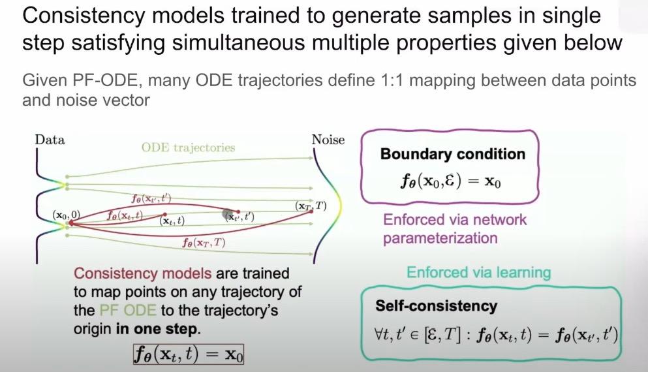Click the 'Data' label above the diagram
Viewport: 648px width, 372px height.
tap(50, 140)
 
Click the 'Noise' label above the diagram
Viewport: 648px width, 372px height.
tap(328, 140)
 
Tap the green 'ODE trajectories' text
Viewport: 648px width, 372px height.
tap(188, 147)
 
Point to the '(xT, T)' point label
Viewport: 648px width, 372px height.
tap(311, 206)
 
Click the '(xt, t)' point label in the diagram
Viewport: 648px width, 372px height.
tap(172, 221)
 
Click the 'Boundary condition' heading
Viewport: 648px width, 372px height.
tap(452, 155)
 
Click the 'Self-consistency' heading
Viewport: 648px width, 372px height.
tap(436, 305)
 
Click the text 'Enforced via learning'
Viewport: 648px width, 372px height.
tap(478, 272)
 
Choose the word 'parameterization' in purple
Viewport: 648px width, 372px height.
tap(440, 238)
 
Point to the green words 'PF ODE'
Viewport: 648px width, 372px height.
tap(122, 310)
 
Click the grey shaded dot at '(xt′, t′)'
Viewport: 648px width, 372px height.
tap(230, 215)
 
